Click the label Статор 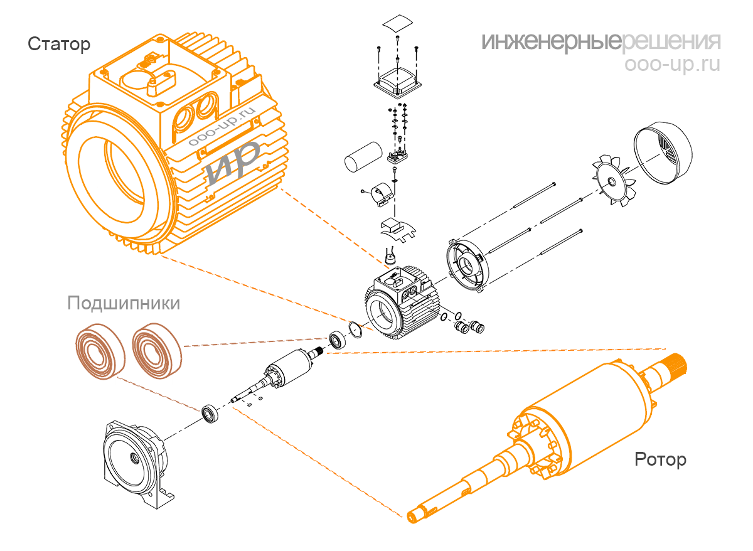[59, 45]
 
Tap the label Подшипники [124, 304]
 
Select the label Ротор [660, 459]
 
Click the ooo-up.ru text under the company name [673, 65]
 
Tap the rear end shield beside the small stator [468, 264]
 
